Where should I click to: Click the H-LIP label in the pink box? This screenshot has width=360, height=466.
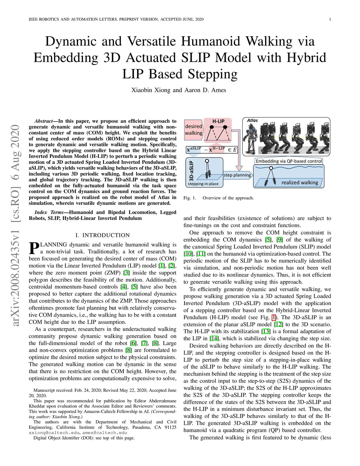click(x=218, y=121)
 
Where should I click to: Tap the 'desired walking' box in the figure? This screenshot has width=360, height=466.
click(x=194, y=129)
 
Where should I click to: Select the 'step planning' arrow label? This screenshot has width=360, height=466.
click(x=237, y=175)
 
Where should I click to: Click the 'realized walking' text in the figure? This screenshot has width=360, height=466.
click(x=300, y=183)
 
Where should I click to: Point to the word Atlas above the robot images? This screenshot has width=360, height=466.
click(x=252, y=120)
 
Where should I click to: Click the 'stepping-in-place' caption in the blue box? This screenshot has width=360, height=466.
click(x=203, y=184)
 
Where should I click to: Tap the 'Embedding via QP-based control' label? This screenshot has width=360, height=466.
click(x=289, y=161)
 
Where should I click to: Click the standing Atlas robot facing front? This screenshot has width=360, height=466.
click(x=252, y=135)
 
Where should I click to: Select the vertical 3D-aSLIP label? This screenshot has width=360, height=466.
click(x=191, y=171)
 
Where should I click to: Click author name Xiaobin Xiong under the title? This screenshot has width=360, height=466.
click(x=151, y=90)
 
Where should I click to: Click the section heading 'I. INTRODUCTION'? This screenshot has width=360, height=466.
click(x=103, y=235)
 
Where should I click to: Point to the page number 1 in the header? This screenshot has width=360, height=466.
click(x=330, y=19)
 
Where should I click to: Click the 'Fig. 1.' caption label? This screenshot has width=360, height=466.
click(x=190, y=198)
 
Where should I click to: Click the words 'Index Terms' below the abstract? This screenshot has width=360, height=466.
click(x=49, y=212)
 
